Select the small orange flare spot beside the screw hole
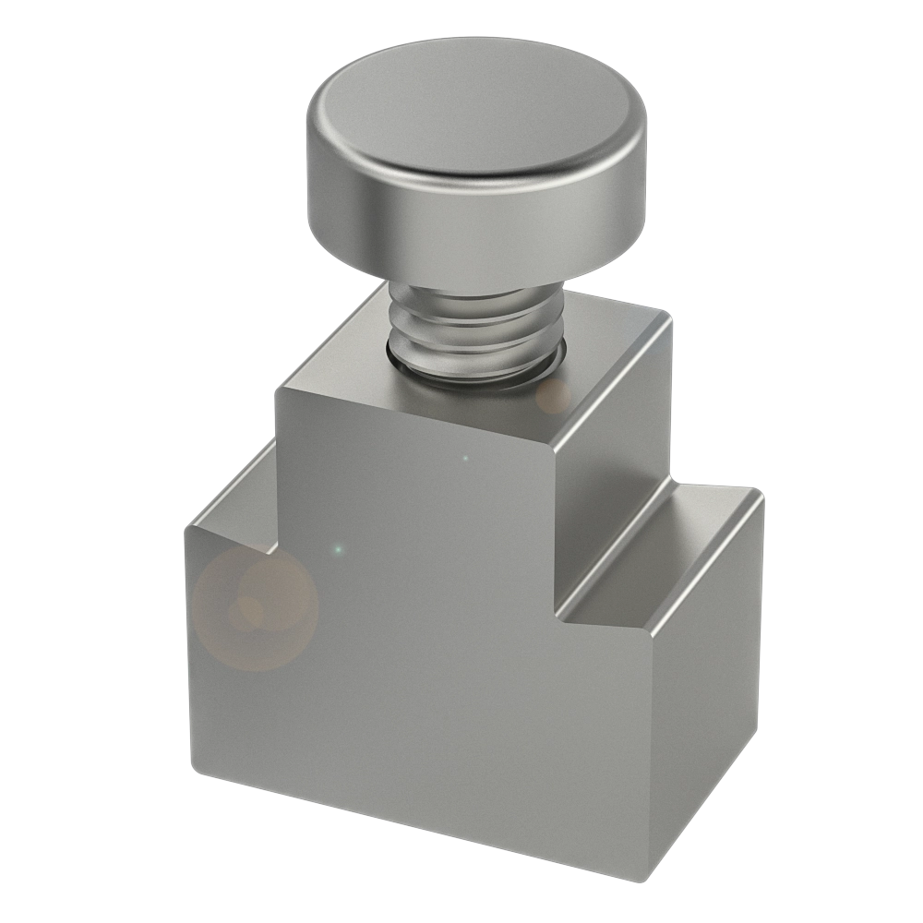click(x=554, y=397)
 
